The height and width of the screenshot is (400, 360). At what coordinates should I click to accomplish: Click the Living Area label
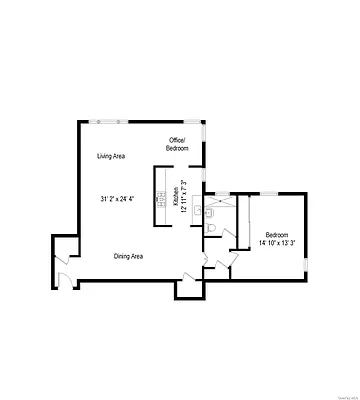tap(110, 156)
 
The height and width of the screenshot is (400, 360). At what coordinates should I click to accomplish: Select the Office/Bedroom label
tap(177, 143)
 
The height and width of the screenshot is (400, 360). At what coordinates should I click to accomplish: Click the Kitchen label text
tap(176, 197)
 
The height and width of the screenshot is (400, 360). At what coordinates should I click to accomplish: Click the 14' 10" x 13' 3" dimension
tap(278, 243)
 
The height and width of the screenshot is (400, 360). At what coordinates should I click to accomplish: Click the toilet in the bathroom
tap(210, 230)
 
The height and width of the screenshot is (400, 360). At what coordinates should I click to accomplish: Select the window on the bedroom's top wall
tap(267, 192)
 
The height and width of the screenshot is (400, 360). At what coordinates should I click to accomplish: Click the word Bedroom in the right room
tap(277, 234)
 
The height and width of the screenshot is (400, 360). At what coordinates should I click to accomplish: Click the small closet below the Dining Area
tap(188, 287)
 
